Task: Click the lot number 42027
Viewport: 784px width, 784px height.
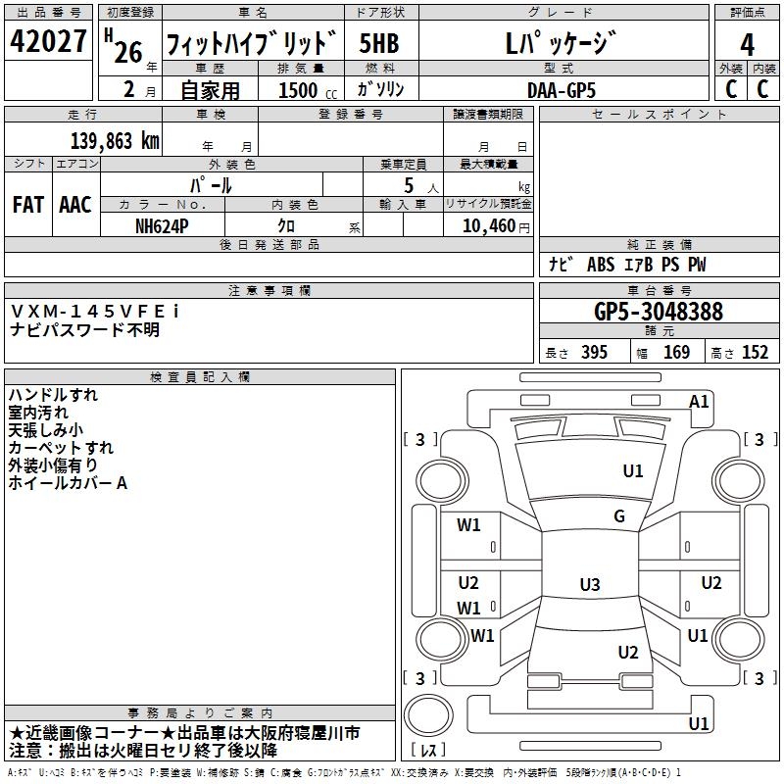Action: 48,43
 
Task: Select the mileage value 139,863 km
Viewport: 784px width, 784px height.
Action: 115,140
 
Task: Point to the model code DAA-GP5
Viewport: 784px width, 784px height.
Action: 561,89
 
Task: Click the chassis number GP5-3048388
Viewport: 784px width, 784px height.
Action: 659,312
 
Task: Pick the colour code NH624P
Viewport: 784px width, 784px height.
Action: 163,225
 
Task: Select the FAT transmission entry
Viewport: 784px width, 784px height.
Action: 28,205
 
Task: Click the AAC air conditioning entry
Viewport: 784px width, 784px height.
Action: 75,205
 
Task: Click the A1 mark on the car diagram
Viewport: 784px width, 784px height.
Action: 699,401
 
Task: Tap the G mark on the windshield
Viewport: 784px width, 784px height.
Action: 619,516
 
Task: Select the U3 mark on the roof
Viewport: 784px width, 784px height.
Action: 589,585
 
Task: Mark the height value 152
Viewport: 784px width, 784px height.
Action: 755,353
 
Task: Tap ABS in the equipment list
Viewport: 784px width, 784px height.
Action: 600,265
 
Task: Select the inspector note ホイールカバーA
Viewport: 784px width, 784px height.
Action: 68,483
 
